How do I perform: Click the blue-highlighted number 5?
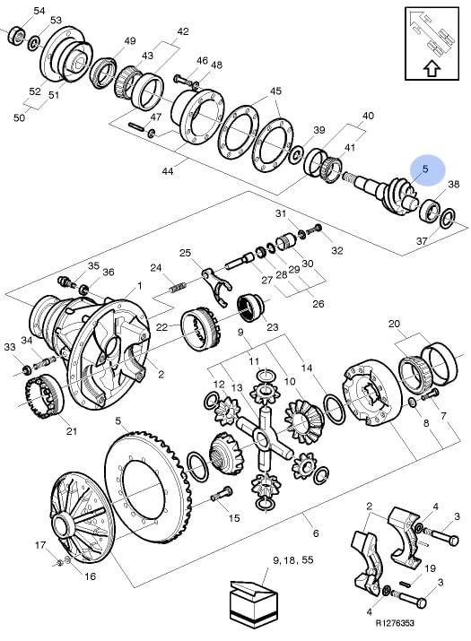(x=425, y=169)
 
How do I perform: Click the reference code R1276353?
(x=395, y=623)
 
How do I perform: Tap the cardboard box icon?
(x=254, y=603)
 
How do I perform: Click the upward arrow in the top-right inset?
(x=432, y=68)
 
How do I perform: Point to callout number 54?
(x=39, y=11)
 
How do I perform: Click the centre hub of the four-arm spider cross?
(x=263, y=437)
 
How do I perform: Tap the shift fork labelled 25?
(x=217, y=284)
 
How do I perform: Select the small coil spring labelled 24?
(x=178, y=288)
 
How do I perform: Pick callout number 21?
(x=71, y=430)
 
